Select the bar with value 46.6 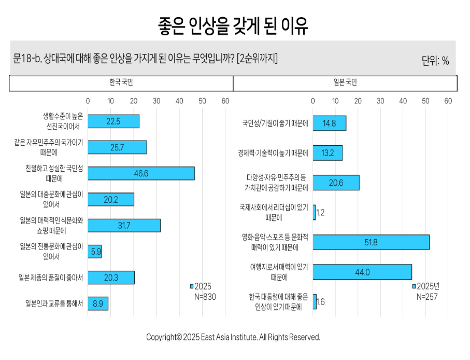click(x=141, y=173)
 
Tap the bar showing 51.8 click(x=371, y=242)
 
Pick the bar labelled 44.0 click(x=362, y=272)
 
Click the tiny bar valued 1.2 click(x=314, y=212)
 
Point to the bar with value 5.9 click(x=94, y=252)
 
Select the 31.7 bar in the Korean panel click(x=124, y=225)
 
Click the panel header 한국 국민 click(x=121, y=82)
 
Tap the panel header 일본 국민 click(x=345, y=82)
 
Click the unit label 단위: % click(x=435, y=61)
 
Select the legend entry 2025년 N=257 click(x=428, y=292)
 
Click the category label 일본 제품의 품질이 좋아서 click(x=50, y=278)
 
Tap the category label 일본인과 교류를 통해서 click(x=54, y=303)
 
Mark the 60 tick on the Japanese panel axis click(x=448, y=100)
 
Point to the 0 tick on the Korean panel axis click(x=88, y=100)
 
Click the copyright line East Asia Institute click(x=233, y=337)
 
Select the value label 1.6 click(x=320, y=302)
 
